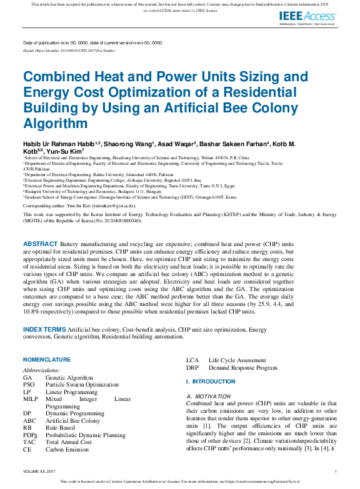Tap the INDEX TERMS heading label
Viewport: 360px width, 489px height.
point(44,329)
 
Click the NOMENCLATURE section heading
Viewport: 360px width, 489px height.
point(47,360)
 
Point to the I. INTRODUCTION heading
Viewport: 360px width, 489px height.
point(211,382)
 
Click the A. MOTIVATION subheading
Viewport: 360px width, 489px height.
point(209,397)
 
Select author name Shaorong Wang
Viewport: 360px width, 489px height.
point(129,144)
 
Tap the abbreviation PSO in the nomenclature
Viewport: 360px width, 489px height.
point(29,385)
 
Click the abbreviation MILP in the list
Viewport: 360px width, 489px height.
point(31,398)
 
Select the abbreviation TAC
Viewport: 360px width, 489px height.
point(29,442)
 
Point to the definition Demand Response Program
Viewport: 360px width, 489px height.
point(242,368)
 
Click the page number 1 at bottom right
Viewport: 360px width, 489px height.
point(336,472)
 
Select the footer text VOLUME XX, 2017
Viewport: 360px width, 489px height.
point(39,472)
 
